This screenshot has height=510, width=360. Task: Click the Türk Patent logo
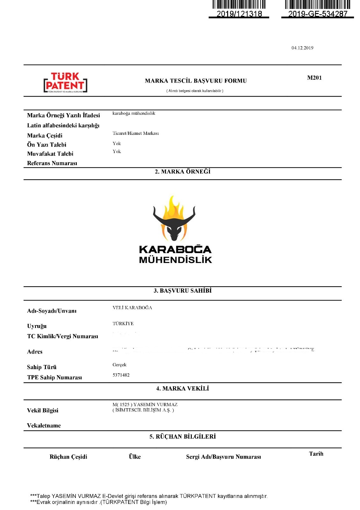click(65, 83)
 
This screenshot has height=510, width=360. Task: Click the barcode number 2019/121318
click(239, 14)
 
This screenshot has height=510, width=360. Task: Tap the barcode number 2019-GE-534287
click(318, 14)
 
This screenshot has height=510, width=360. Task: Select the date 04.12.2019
click(302, 48)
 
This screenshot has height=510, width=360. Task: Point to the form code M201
click(314, 78)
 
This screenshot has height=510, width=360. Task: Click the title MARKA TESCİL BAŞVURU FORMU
click(196, 81)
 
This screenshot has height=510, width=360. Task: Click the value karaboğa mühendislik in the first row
click(134, 113)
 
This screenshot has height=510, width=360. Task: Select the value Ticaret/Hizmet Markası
click(136, 133)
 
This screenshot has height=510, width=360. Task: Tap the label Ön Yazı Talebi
click(47, 145)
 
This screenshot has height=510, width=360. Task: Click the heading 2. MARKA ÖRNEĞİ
click(183, 172)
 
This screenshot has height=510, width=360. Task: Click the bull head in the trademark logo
click(174, 228)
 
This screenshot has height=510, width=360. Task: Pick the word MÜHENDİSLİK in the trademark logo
click(176, 260)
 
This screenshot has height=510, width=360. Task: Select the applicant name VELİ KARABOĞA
click(132, 308)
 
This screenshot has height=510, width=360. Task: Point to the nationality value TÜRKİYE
click(123, 324)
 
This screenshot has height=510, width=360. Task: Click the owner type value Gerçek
click(119, 365)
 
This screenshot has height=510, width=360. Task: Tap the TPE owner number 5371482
click(121, 375)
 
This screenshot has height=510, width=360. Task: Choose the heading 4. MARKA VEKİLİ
click(183, 389)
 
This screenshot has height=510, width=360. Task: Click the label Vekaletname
click(44, 426)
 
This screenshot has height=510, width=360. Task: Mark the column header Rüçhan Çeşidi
click(68, 457)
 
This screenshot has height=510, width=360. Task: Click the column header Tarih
click(316, 454)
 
